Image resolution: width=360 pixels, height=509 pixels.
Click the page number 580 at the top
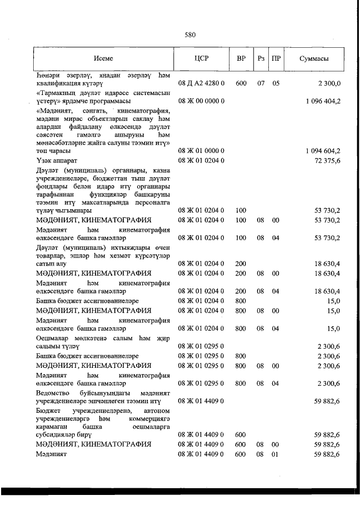pyautogui.click(x=190, y=35)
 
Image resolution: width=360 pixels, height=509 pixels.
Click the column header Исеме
pyautogui.click(x=103, y=58)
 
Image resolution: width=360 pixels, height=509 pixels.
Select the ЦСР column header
pyautogui.click(x=201, y=58)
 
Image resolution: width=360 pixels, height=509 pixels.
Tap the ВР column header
pyautogui.click(x=241, y=58)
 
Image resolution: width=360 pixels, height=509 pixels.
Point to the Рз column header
pyautogui.click(x=261, y=58)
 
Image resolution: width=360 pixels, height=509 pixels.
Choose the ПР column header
pyautogui.click(x=276, y=58)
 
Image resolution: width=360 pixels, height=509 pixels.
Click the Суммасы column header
pyautogui.click(x=314, y=58)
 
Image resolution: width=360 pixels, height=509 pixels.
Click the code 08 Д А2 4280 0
pyautogui.click(x=201, y=83)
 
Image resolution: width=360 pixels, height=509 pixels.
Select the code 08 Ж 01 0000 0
pyautogui.click(x=201, y=151)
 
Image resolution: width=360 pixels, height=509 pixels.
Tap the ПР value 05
pyautogui.click(x=276, y=83)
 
